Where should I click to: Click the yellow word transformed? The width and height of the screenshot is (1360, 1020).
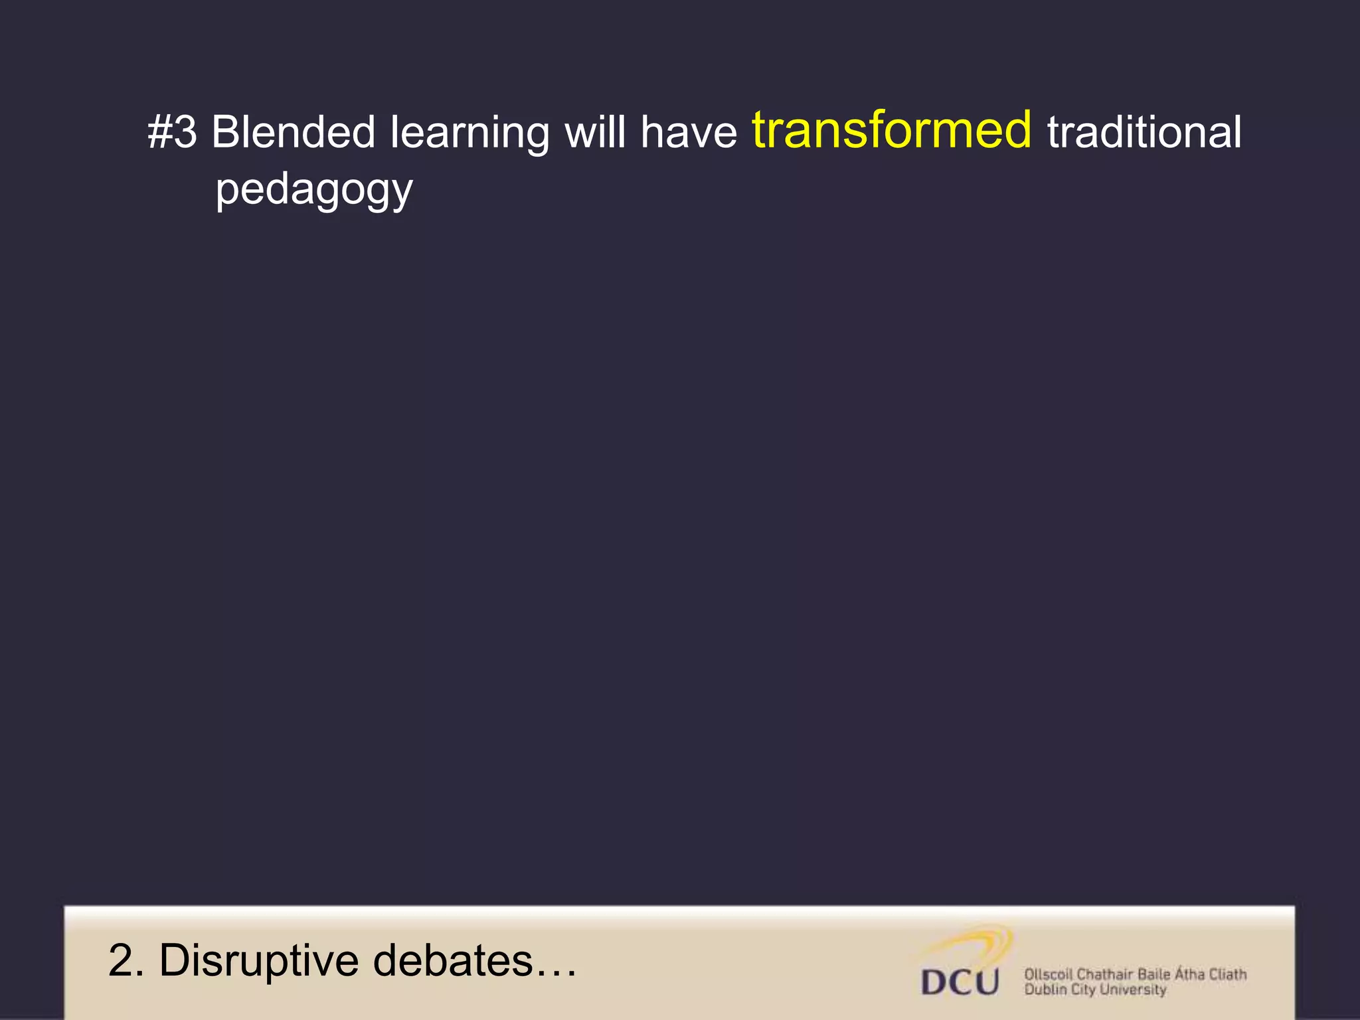point(892,130)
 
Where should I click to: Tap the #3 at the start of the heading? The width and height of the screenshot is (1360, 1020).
point(172,132)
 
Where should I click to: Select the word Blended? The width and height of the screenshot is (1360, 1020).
point(294,132)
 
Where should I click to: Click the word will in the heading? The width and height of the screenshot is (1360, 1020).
point(595,132)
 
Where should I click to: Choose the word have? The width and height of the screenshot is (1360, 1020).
point(689,132)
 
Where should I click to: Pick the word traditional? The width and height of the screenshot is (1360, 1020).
point(1144,132)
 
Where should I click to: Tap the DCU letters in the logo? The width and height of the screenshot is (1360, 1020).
point(960,981)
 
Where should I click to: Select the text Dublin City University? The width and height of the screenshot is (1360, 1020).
point(1095,990)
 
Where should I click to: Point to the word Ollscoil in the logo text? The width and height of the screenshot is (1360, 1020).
point(1048,974)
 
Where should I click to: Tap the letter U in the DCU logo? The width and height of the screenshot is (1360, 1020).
point(984,981)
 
